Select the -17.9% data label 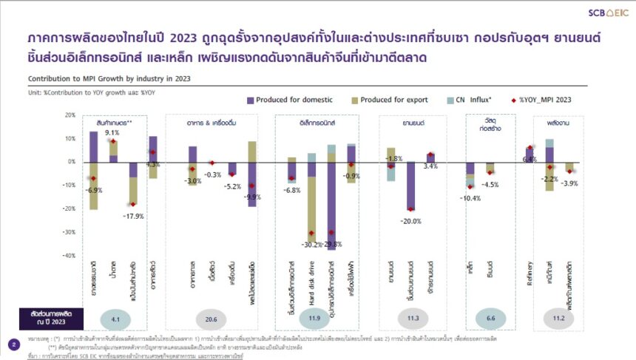132,216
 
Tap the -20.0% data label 410,221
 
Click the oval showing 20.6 212,319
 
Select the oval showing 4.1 115,319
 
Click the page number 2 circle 13,344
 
